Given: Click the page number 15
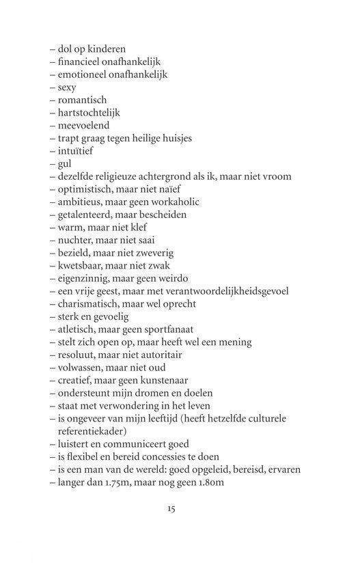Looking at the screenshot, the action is [x=171, y=508].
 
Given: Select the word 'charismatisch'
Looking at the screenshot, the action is [x=87, y=303].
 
